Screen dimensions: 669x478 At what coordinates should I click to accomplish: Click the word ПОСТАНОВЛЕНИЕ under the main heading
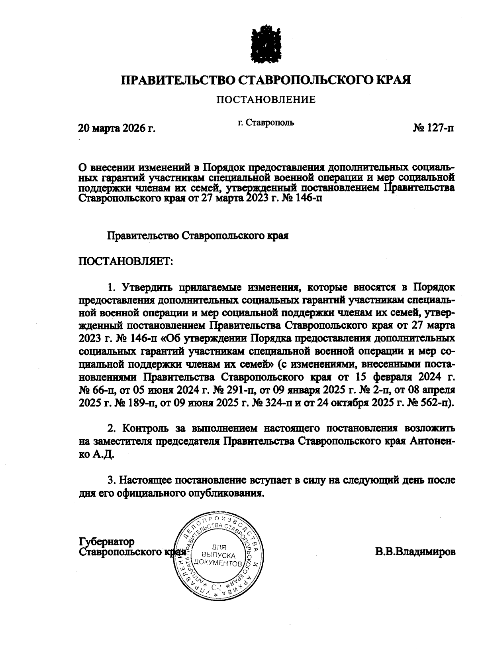click(266, 99)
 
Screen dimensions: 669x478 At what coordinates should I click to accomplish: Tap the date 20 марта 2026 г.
click(116, 128)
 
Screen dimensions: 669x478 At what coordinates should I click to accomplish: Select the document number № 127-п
click(433, 128)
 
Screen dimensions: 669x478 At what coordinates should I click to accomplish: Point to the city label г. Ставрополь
click(266, 122)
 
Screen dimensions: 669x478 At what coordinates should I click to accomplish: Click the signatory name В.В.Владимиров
click(415, 553)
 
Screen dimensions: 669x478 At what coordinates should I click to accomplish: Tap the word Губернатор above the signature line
click(107, 542)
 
